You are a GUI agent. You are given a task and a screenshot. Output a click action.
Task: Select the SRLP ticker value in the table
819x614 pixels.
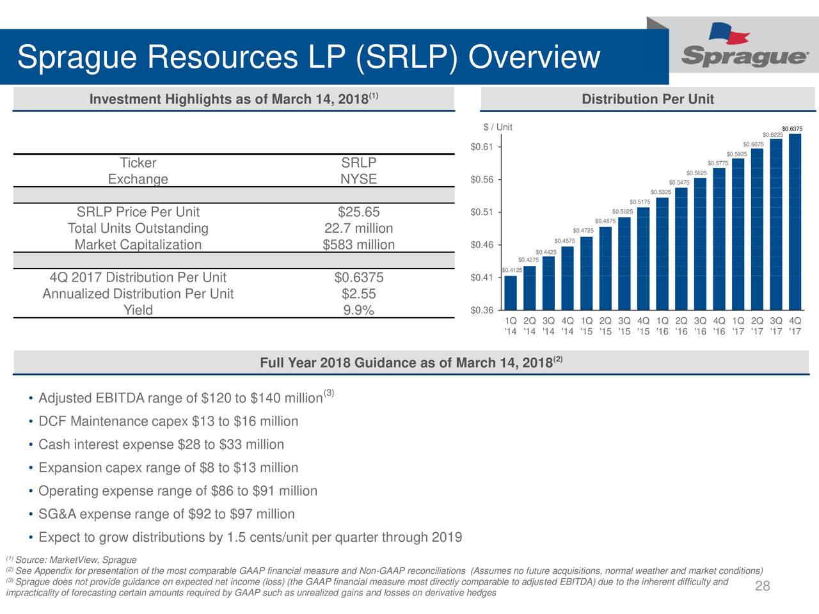point(358,162)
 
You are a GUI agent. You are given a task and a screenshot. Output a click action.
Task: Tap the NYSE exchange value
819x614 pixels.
point(358,179)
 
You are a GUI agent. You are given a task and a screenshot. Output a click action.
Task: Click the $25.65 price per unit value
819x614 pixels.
point(358,212)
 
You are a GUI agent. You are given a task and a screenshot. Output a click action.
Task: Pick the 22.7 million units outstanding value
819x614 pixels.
point(358,228)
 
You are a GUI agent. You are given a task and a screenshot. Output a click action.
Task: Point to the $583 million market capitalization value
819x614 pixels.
point(358,245)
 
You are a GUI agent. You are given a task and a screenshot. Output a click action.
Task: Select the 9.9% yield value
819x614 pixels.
point(358,311)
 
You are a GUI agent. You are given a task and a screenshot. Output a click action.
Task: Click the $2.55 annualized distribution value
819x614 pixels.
point(358,294)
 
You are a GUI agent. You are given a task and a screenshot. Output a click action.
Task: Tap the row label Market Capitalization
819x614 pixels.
point(138,245)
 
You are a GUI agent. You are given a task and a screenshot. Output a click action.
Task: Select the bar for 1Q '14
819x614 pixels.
point(511,293)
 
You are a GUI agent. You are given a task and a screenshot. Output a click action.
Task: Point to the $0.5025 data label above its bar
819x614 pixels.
point(623,212)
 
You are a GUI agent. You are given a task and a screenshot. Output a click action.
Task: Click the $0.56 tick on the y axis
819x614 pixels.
point(481,180)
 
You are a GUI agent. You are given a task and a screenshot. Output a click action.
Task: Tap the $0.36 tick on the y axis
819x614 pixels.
point(481,311)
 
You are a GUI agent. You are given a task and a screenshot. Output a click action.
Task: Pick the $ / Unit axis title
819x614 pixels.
point(498,127)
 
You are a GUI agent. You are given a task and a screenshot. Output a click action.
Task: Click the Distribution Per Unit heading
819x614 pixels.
point(648,99)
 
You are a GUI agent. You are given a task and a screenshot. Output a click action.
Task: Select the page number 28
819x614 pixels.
point(762,586)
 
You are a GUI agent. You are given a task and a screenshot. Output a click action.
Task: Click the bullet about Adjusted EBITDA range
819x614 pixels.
point(180,399)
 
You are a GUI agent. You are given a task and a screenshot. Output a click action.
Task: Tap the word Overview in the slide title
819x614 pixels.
point(534,58)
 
